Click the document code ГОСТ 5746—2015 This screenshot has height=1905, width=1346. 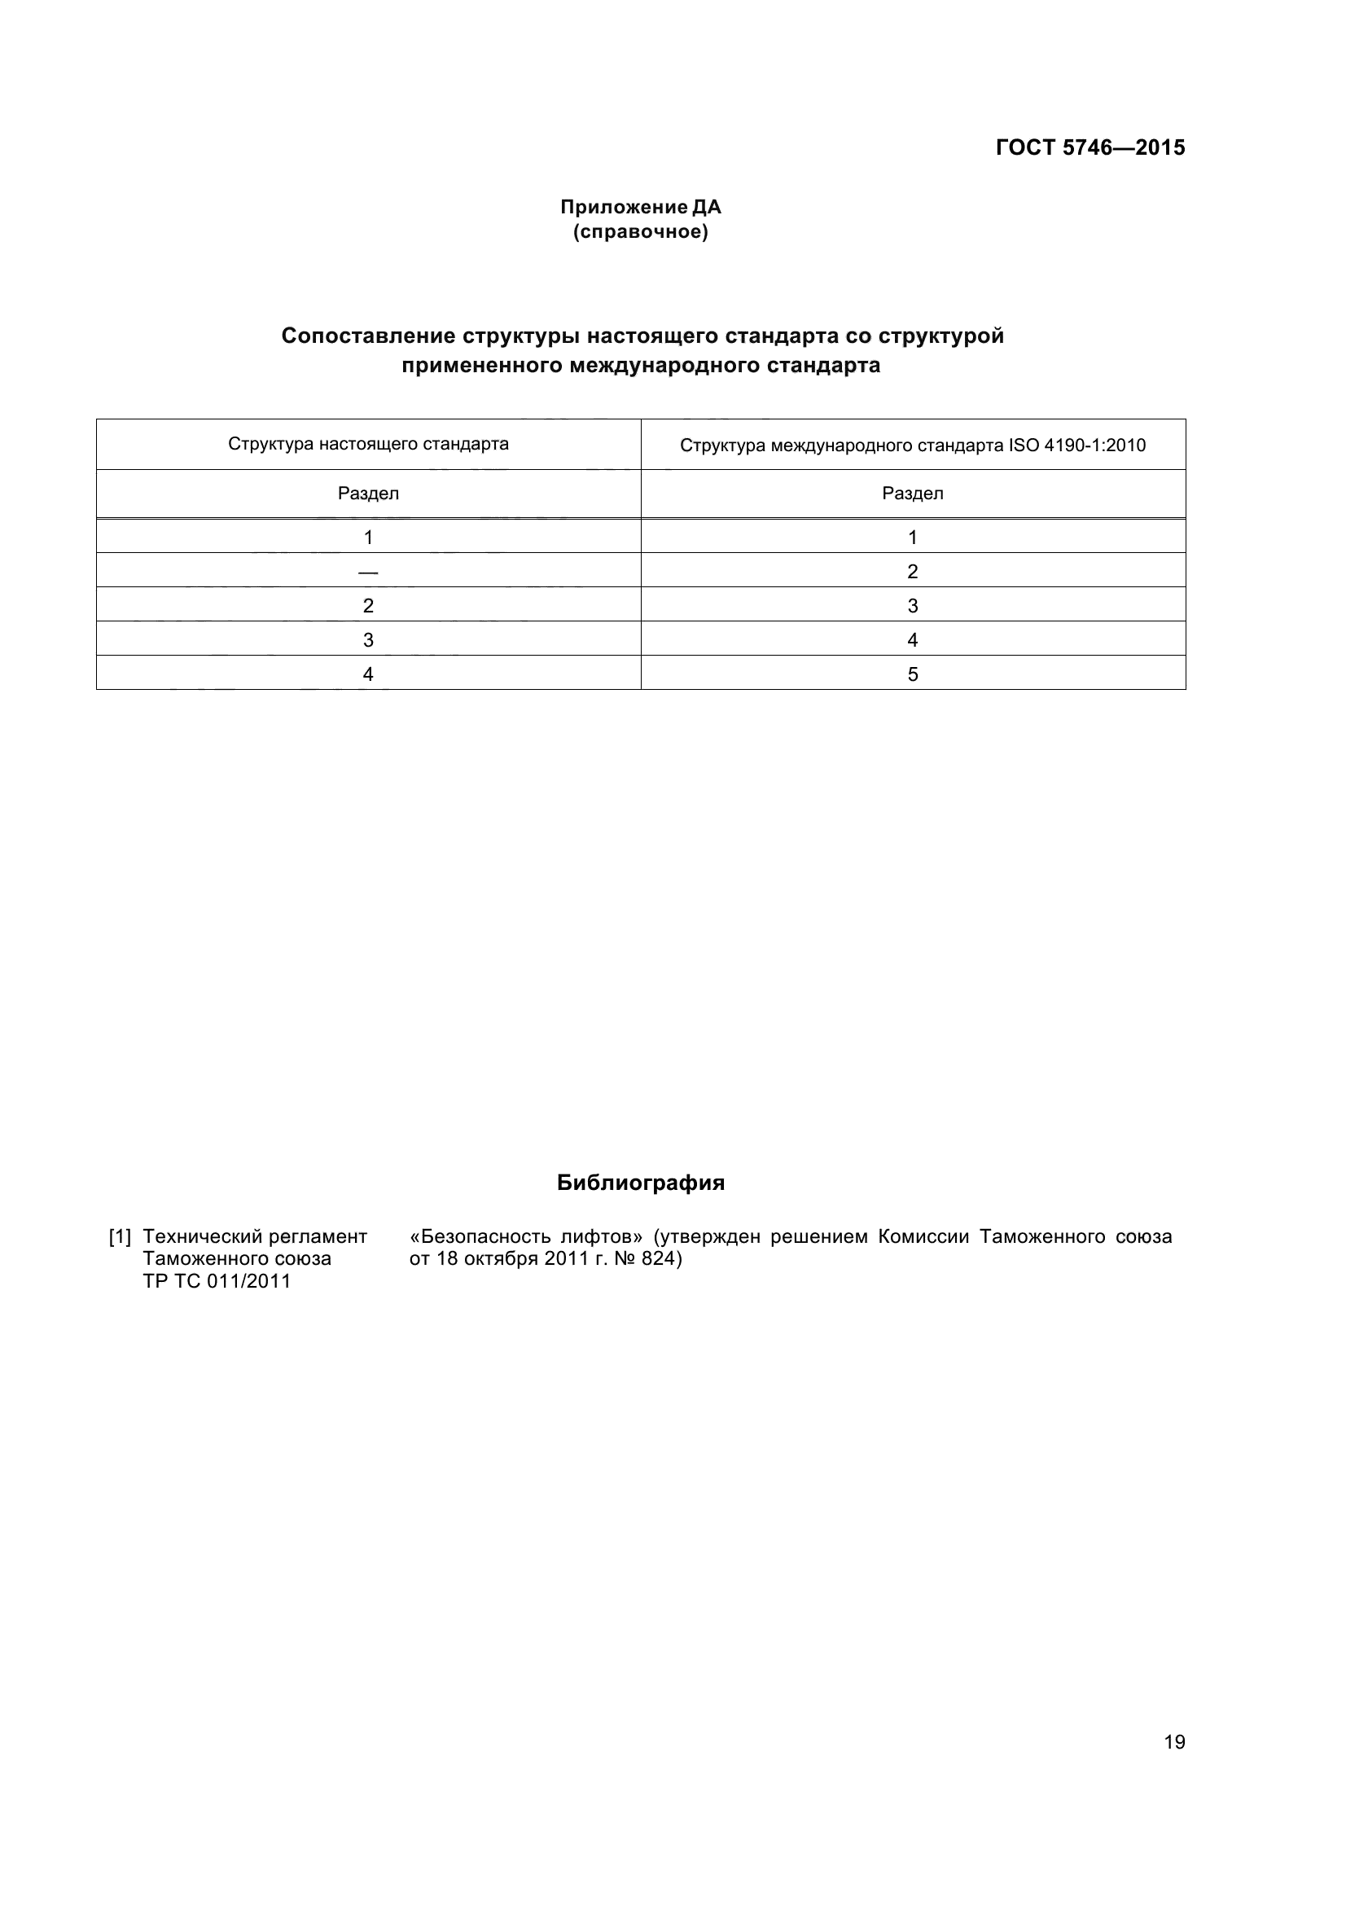(1090, 147)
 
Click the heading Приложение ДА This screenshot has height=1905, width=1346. (640, 207)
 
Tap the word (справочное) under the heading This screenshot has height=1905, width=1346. (640, 231)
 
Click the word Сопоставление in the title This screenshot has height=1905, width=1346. (368, 336)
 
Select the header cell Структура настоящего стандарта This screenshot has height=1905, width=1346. (368, 444)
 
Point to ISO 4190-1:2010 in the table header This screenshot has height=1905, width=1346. (1076, 446)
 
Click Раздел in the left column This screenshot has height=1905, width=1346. (368, 494)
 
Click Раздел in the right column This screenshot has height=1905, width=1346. (912, 494)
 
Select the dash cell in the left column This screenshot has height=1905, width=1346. (368, 572)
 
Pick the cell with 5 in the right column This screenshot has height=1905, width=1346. (912, 674)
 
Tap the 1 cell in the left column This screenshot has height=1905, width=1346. (368, 538)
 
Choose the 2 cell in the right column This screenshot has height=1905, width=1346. (912, 572)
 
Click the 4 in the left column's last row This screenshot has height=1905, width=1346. (368, 674)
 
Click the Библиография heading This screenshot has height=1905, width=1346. (640, 1183)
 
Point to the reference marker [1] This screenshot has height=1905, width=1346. (121, 1237)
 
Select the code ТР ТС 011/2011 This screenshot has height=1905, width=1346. (217, 1281)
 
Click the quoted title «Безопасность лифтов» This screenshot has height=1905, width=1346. (526, 1237)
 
